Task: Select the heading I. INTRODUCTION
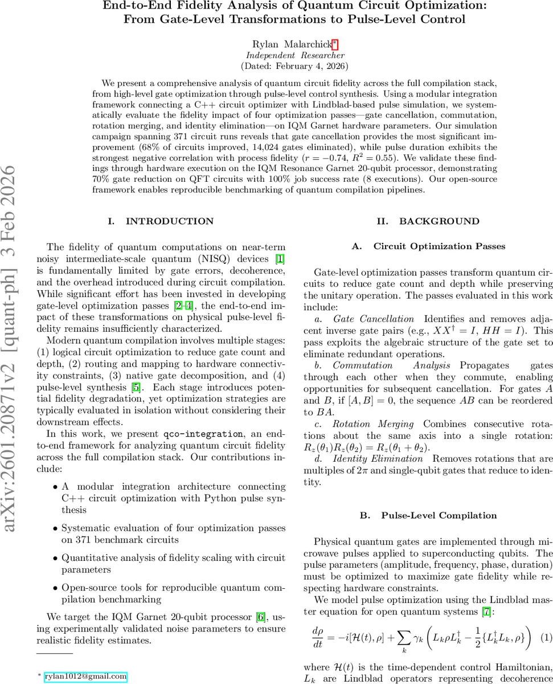pyautogui.click(x=161, y=221)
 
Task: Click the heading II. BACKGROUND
pyautogui.click(x=428, y=221)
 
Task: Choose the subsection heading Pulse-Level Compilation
pyautogui.click(x=439, y=516)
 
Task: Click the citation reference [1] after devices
pyautogui.click(x=280, y=259)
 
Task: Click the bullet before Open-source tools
pyautogui.click(x=55, y=587)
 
